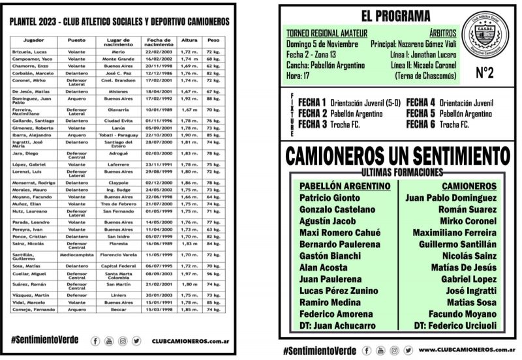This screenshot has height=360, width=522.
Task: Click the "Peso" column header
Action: click(x=212, y=40)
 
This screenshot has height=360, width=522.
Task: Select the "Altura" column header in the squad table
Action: click(x=189, y=40)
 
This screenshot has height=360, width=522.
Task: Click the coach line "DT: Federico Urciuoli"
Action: click(x=455, y=325)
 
